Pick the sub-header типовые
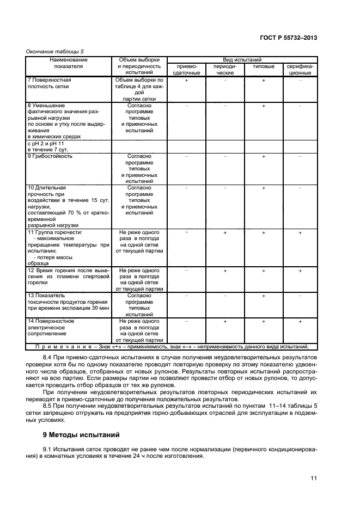click(263, 66)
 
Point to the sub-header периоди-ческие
click(225, 69)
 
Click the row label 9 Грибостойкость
click(50, 156)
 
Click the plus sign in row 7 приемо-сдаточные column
click(186, 80)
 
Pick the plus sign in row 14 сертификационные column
click(300, 322)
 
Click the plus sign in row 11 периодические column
click(225, 232)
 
